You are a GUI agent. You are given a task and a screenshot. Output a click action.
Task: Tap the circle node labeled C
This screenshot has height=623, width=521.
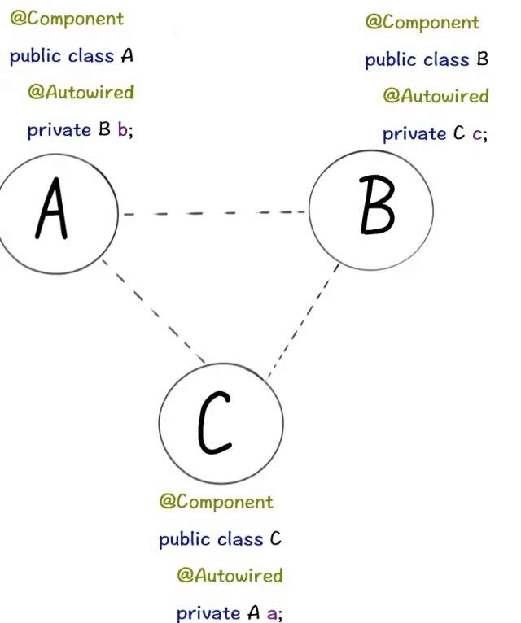(220, 423)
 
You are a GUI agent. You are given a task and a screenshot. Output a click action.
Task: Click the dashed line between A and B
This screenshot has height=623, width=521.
(215, 213)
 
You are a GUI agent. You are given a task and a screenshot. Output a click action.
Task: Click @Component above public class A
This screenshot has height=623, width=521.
(67, 18)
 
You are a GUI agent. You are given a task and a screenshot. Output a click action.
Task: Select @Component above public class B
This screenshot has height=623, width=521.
(422, 22)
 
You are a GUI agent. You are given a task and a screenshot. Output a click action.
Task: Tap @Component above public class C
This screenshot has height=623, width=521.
(217, 501)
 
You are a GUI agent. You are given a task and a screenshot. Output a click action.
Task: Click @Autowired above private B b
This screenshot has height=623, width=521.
(81, 92)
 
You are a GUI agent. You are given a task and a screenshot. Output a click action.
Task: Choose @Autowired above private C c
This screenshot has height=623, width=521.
(436, 96)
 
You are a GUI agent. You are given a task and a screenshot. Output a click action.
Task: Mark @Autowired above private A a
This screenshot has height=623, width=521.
(230, 575)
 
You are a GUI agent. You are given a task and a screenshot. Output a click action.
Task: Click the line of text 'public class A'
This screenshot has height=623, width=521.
(71, 56)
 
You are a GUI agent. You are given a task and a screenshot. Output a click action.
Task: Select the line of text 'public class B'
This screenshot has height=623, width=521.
(427, 59)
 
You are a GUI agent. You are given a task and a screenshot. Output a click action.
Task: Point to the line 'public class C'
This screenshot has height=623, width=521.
(221, 538)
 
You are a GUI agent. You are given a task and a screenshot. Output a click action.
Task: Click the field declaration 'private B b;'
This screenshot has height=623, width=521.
(80, 129)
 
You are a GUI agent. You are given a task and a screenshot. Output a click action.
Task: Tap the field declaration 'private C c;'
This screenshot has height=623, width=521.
(436, 133)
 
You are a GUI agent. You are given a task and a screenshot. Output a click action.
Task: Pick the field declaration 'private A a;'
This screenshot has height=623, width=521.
(230, 613)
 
